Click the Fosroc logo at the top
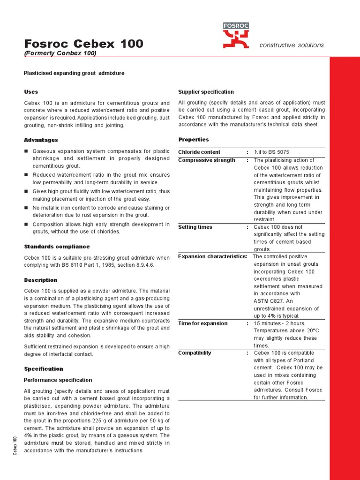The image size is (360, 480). [236, 36]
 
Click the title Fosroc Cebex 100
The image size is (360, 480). [83, 44]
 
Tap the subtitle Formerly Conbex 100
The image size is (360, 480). [60, 53]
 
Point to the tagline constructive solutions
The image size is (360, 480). [292, 45]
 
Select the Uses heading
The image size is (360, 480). [31, 92]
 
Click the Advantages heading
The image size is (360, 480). [41, 140]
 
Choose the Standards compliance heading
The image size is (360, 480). [56, 247]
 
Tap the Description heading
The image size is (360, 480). [40, 280]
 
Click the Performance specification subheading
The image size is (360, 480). [58, 380]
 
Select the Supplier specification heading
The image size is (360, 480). [206, 92]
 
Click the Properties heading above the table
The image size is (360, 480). [194, 140]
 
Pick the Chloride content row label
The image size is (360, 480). [199, 152]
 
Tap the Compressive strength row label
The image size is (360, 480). [207, 160]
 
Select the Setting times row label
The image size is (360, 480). [195, 227]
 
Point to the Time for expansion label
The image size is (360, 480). [202, 323]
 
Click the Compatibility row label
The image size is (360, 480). [195, 353]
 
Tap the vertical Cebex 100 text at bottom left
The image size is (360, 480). [15, 445]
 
